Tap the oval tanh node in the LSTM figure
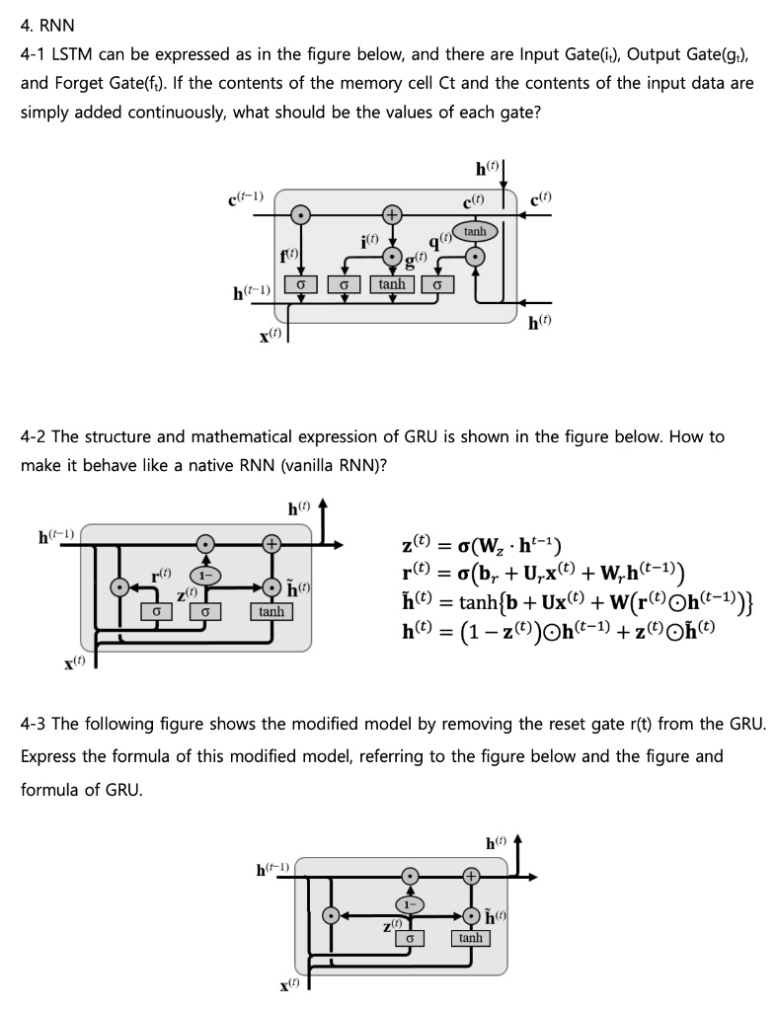475,231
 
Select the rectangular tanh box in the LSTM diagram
392,284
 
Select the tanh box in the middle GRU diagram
272,611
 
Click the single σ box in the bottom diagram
409,937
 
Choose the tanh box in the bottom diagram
471,937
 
